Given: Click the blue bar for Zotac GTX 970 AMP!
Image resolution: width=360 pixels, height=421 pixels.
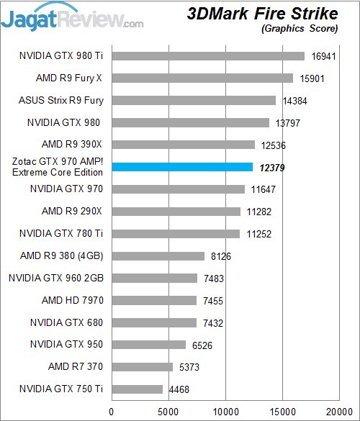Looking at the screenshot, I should tap(182, 167).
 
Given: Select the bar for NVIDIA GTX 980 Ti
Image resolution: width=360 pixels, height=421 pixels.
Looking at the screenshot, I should tap(208, 55).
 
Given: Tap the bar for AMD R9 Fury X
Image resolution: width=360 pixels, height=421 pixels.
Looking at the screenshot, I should tap(202, 78).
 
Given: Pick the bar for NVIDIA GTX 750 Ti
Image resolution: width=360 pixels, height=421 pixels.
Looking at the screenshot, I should tap(137, 389).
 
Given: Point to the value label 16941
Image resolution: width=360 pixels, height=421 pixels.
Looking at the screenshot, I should tap(323, 55).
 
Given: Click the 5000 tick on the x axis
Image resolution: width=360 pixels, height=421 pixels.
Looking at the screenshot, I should tap(168, 412).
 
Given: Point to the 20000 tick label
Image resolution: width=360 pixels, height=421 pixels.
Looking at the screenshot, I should tap(339, 412).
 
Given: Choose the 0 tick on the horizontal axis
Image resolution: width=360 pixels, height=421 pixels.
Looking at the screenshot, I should tap(112, 412).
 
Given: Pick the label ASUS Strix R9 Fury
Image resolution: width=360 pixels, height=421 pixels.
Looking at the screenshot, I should tap(60, 100).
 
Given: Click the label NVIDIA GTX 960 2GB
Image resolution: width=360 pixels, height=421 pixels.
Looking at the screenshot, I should tap(56, 278).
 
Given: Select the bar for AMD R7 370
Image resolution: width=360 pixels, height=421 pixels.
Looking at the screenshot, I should tap(143, 367).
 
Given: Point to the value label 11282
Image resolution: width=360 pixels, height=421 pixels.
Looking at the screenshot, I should tap(258, 211).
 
